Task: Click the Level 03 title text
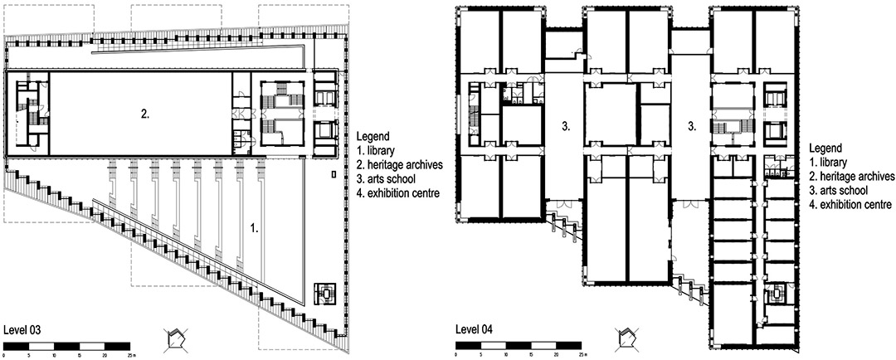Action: click(21, 329)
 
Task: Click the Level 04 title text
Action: click(473, 329)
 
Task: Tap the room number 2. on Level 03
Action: click(146, 114)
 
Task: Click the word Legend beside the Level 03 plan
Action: click(373, 137)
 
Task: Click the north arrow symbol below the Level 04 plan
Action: click(626, 338)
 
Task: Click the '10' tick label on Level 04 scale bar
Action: click(506, 355)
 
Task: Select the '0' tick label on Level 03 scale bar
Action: click(5, 355)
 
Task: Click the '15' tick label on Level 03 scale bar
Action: click(80, 355)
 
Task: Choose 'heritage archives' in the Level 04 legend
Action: click(853, 177)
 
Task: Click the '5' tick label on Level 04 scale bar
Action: click(481, 355)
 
